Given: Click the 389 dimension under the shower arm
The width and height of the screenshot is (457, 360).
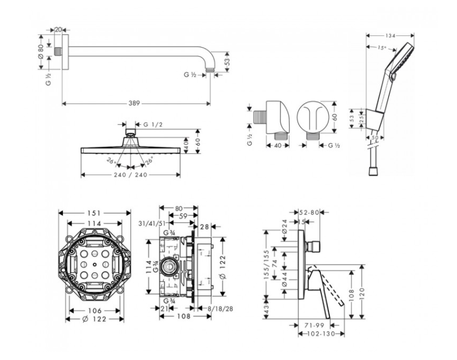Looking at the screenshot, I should [133, 103].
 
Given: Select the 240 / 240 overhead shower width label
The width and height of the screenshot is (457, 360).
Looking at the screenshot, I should [130, 175].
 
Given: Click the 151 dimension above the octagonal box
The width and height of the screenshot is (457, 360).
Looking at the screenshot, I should [94, 213].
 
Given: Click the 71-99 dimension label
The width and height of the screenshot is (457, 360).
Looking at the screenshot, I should [315, 325].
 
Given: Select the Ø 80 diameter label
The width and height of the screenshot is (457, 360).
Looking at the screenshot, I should [40, 52].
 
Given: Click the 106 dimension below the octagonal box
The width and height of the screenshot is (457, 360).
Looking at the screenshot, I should [94, 310].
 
